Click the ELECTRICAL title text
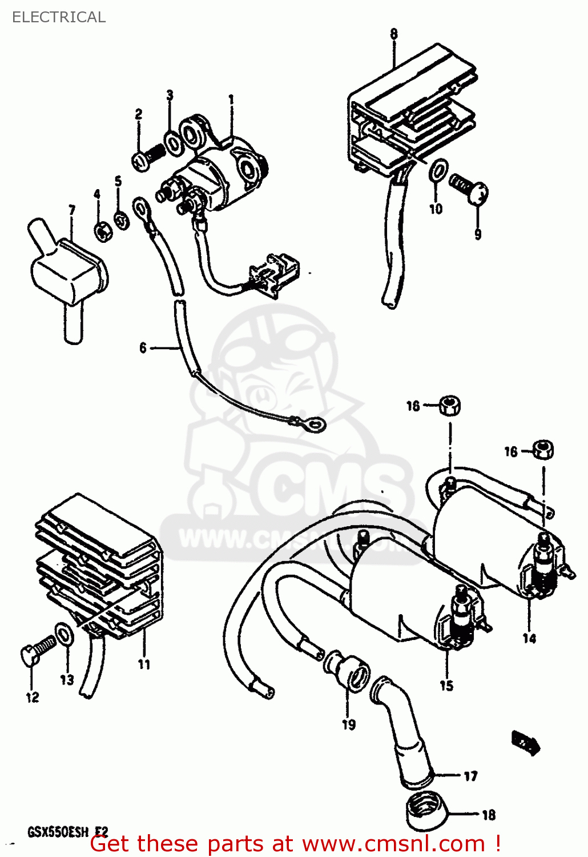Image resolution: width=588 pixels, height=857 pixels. [59, 17]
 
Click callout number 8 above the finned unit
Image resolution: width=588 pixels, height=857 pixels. [394, 34]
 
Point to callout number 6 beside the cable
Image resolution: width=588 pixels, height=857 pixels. [143, 347]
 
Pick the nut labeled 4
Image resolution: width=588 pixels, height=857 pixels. [102, 231]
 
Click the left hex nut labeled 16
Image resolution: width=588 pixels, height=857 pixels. [450, 406]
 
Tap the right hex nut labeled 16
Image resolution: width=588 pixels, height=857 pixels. [543, 449]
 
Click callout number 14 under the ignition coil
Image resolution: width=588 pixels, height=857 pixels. [529, 638]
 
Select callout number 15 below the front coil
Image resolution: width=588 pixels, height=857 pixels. [446, 685]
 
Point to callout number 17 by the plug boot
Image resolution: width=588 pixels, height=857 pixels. [470, 776]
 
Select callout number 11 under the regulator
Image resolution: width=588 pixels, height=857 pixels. [144, 664]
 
